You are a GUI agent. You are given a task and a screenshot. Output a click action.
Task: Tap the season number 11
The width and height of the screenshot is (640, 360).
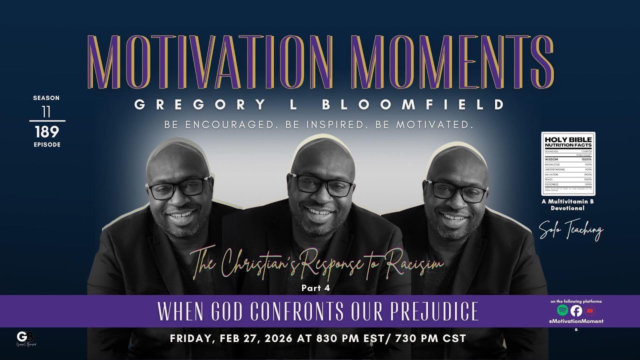click(46, 112)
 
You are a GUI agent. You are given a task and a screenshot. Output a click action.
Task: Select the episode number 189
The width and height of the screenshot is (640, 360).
click(47, 131)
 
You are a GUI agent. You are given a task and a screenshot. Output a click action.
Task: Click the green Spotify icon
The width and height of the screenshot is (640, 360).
click(562, 310)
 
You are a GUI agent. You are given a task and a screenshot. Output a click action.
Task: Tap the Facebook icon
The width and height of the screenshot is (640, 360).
click(576, 310)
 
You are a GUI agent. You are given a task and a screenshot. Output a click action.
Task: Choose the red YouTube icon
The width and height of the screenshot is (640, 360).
click(590, 310)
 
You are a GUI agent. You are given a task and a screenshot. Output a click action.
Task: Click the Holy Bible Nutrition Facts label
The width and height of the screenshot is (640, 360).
click(568, 163)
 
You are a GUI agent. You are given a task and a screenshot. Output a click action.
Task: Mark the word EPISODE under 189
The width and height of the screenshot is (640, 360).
click(47, 144)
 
